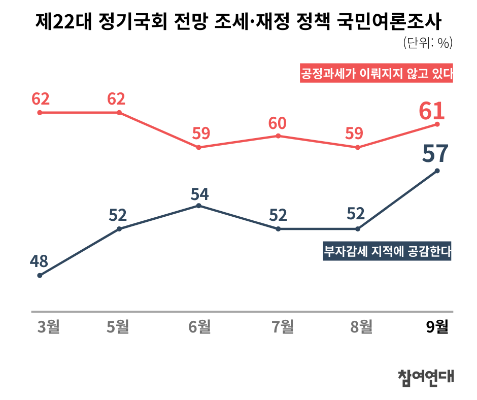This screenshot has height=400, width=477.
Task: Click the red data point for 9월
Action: click(437, 124)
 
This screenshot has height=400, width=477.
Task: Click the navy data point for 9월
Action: click(437, 171)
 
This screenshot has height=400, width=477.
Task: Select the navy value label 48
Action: click(39, 261)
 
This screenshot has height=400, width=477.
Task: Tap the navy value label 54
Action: click(199, 194)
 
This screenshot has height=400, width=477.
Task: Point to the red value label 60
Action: click(278, 123)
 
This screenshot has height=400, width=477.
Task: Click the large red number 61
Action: click(432, 111)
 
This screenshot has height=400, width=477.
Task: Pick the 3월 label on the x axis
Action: click(49, 326)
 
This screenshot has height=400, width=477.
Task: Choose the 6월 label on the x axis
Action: click(199, 326)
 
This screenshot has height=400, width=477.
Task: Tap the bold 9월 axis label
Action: click(437, 326)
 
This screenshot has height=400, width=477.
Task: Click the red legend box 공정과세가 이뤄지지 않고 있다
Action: click(376, 74)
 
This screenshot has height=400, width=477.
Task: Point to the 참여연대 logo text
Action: click(425, 376)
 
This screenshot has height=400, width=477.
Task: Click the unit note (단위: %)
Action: click(427, 44)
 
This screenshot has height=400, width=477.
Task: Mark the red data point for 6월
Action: click(199, 147)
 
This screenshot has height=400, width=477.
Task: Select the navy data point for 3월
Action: click(40, 276)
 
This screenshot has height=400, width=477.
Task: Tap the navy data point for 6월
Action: click(199, 206)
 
